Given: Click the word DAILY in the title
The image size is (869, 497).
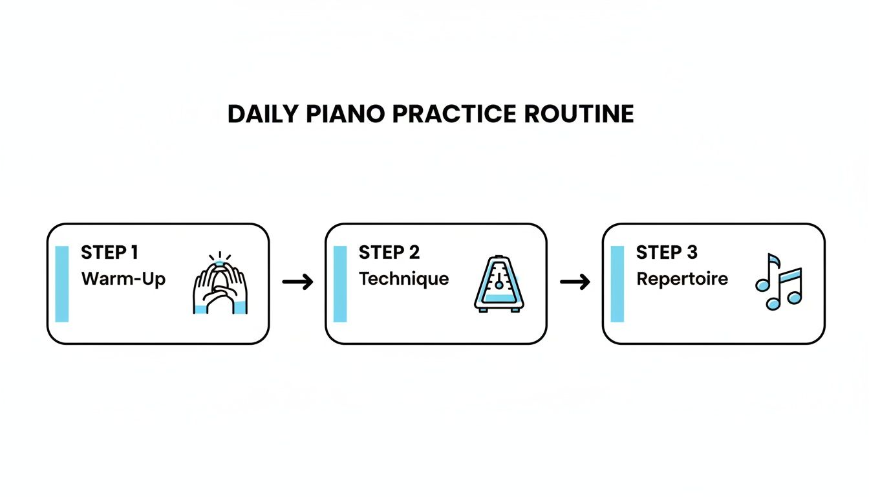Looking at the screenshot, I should click(x=262, y=115).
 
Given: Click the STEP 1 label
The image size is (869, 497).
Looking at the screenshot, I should click(x=109, y=252).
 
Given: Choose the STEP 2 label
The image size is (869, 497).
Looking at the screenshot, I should click(x=389, y=252).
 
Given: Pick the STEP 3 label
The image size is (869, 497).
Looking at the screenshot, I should click(x=667, y=252).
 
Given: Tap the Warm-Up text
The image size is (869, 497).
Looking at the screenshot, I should click(x=123, y=279).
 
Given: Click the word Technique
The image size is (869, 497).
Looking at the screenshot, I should click(x=403, y=279).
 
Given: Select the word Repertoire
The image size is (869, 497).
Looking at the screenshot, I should click(x=682, y=279).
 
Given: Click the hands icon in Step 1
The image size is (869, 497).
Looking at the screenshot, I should click(x=220, y=288).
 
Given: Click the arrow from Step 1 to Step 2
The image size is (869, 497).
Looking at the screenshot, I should click(x=297, y=282).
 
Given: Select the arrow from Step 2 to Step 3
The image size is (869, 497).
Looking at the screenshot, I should click(x=575, y=282).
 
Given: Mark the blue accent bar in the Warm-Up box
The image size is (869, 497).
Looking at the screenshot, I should click(x=62, y=283).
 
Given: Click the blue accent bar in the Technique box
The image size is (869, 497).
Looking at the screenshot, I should click(x=340, y=283).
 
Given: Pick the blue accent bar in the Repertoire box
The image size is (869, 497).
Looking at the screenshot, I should click(x=617, y=283).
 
